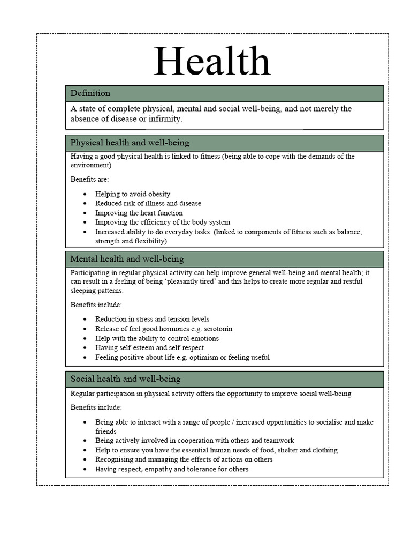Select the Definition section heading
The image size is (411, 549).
[x=90, y=93]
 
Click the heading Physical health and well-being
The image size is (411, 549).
[x=130, y=143]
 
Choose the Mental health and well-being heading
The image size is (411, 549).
[x=127, y=259]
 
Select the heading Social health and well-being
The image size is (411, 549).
[x=125, y=379]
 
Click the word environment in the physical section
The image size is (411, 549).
[x=89, y=166]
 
